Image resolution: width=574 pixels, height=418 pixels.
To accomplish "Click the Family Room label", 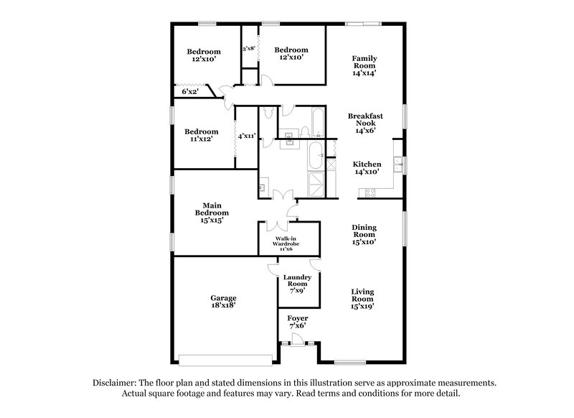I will coord(364,65).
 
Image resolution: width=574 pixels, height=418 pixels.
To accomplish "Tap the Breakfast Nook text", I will coord(364,123).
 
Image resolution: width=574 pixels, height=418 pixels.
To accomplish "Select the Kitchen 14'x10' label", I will coord(367,169).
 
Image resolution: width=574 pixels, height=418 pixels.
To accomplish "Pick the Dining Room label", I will coord(364,235).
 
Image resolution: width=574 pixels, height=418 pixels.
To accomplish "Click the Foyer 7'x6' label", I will coord(297,321).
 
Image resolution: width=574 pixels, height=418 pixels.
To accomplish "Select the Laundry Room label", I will coord(297,283).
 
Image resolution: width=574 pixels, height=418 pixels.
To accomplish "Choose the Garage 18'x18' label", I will coord(223,302).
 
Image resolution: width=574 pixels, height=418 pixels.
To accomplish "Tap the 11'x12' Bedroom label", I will coord(201,136).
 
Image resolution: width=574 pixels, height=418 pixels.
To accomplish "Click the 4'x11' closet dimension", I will coord(247,135).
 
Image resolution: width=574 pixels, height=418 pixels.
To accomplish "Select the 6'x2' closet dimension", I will coord(190,91).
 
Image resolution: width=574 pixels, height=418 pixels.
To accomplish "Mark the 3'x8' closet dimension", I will coord(249,49).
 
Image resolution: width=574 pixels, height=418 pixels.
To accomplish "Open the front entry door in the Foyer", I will coord(297,344).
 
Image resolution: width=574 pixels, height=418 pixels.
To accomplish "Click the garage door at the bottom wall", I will coord(226,358).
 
